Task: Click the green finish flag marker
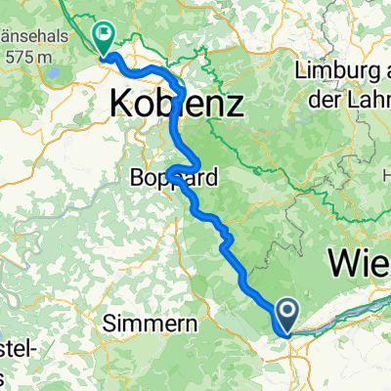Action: click(103, 38)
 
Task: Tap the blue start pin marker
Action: click(289, 315)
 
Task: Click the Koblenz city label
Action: click(176, 101)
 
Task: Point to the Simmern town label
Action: click(151, 323)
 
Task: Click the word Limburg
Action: click(333, 69)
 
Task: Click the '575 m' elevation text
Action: click(29, 58)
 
